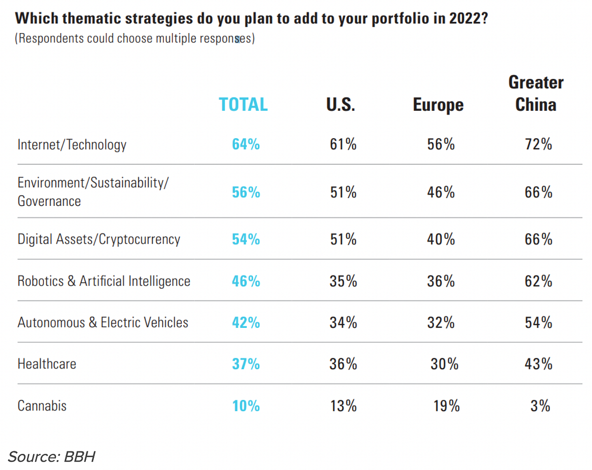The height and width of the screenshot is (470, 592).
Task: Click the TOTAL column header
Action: click(243, 104)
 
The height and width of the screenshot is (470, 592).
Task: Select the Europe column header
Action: click(438, 105)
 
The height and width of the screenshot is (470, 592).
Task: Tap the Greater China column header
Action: click(536, 94)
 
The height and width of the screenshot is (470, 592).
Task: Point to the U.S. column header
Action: click(340, 104)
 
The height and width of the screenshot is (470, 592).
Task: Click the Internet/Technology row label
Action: click(72, 144)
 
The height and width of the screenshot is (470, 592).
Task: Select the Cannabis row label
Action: click(42, 405)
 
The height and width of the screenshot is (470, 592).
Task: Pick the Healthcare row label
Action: click(47, 364)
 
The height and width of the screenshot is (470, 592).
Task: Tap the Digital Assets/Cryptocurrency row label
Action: click(99, 239)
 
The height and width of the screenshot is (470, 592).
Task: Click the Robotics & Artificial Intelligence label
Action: click(104, 281)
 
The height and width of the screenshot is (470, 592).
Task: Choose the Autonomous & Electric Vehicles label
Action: click(103, 323)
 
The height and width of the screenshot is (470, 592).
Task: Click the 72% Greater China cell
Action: click(538, 144)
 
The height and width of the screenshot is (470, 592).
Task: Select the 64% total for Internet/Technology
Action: click(246, 144)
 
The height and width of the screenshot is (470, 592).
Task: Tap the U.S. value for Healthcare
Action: click(343, 364)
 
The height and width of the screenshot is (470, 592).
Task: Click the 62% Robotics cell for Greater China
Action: click(538, 281)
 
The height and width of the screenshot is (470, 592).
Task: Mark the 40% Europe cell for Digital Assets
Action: click(441, 239)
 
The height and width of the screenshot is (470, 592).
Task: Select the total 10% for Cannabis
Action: click(246, 405)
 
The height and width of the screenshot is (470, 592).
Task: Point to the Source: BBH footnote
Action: click(51, 456)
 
